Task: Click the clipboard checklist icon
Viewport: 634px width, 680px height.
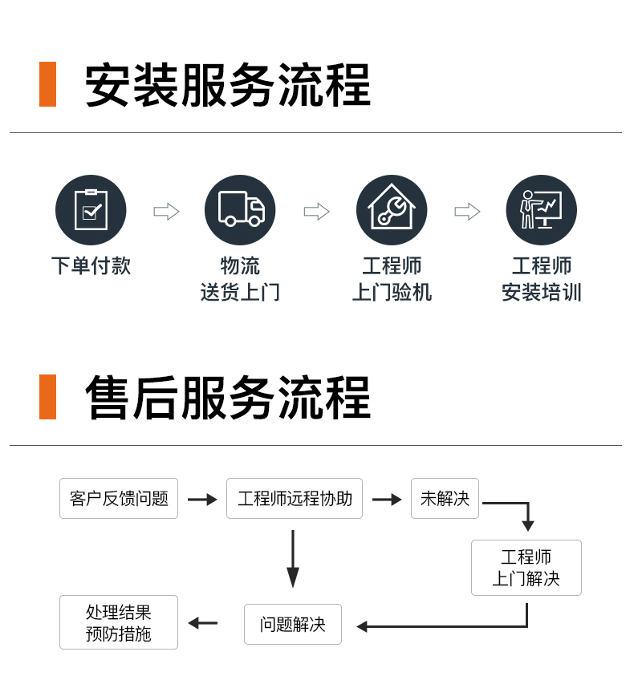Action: (91, 210)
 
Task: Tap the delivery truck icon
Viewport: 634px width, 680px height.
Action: (240, 210)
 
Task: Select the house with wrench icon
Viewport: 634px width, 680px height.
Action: (392, 210)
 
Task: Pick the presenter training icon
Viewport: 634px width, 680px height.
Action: (541, 210)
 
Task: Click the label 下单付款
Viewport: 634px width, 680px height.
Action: (91, 265)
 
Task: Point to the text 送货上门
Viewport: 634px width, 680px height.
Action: (240, 292)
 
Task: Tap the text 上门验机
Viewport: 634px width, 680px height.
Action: (392, 292)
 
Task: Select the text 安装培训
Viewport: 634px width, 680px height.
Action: (542, 292)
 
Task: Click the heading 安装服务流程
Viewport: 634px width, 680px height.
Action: (228, 84)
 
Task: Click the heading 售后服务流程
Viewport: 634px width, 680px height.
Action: (228, 397)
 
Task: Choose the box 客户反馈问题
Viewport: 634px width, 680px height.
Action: (119, 498)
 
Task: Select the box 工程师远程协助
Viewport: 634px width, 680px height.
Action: (295, 498)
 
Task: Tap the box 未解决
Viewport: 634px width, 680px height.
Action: (445, 498)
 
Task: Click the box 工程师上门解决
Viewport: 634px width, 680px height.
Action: (526, 568)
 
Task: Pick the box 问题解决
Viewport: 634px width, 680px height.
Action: (293, 624)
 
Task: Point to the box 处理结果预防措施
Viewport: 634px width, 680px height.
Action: (119, 622)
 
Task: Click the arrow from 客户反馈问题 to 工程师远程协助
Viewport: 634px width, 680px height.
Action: (202, 500)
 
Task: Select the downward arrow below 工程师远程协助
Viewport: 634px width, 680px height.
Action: (293, 559)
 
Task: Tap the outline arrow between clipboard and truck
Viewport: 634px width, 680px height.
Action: (166, 212)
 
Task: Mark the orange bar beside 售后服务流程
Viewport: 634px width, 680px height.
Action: (47, 397)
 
